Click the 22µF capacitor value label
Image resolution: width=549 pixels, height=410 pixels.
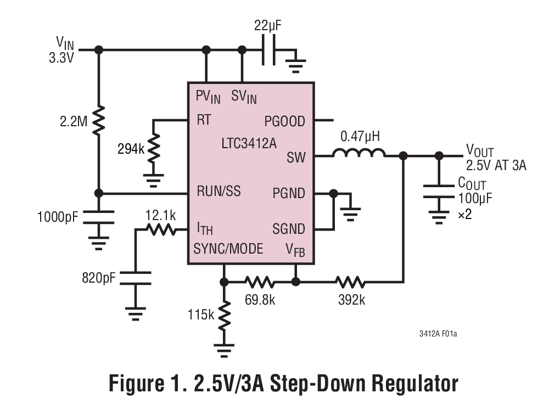(268, 25)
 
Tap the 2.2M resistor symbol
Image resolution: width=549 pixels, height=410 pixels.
(99, 121)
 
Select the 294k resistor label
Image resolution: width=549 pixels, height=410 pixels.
(130, 148)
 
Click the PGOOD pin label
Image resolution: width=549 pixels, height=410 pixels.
(284, 121)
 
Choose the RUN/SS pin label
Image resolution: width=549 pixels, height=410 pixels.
(219, 192)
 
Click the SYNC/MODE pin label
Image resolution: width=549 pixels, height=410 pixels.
(228, 248)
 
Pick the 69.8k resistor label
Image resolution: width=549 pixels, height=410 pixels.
(260, 300)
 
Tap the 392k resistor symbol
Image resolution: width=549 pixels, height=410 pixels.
(350, 282)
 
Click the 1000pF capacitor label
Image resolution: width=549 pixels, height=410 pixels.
(58, 217)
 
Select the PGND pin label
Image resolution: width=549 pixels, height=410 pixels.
(288, 193)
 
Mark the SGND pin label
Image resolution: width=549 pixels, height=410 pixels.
(288, 228)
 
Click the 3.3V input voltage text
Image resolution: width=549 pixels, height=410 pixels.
(61, 58)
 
